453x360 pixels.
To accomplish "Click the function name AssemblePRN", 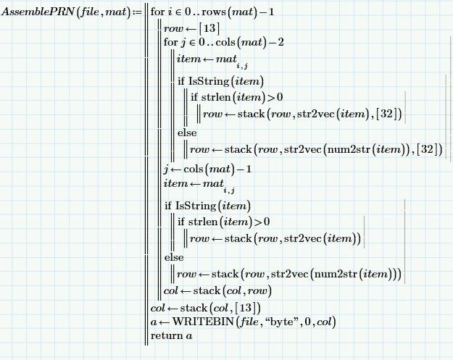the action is (38, 12).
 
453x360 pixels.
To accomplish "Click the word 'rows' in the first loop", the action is (214, 12).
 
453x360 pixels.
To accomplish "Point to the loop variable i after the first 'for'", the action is (170, 12).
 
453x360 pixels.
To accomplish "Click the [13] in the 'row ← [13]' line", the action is (209, 28).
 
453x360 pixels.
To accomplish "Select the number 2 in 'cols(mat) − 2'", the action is (280, 43).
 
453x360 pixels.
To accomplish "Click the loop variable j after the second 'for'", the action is (183, 43).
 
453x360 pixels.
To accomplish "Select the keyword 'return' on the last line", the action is (164, 336).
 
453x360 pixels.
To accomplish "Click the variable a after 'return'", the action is (189, 336).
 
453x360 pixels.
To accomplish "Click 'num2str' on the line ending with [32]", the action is (349, 149).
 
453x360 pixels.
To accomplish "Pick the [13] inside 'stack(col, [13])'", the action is (246, 308).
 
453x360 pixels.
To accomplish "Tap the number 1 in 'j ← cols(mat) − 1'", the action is (249, 169).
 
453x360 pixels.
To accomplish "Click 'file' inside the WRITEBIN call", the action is (249, 322).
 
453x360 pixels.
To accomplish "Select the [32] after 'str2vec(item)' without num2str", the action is (387, 114).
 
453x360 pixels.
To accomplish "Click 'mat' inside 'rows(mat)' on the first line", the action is (242, 12).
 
